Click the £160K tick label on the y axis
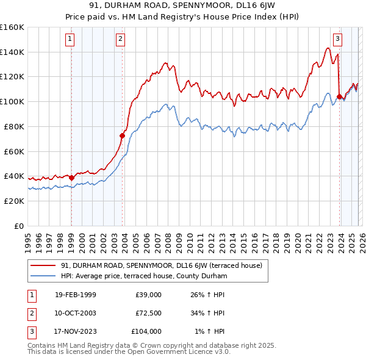point(12,27)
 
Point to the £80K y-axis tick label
point(14,126)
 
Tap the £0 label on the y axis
point(20,226)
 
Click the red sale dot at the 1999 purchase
point(71,178)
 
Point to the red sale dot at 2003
point(122,135)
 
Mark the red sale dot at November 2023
point(339,96)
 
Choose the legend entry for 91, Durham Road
point(161,265)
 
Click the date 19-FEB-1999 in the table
point(75,295)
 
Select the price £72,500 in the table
point(148,313)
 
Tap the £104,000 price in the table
point(146,331)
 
